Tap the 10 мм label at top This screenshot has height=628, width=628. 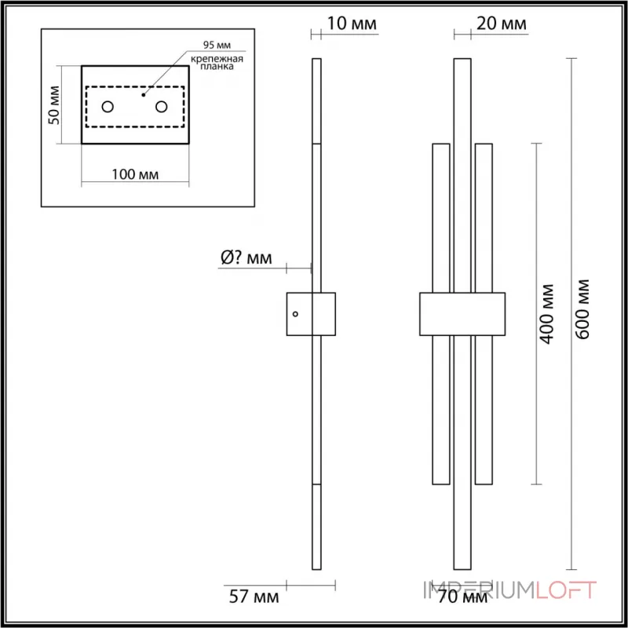(351, 24)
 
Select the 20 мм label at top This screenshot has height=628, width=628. (502, 24)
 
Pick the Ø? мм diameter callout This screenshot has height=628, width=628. (246, 258)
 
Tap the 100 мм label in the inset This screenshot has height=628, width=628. (135, 173)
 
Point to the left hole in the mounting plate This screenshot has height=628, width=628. (108, 106)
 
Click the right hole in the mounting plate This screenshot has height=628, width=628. (162, 106)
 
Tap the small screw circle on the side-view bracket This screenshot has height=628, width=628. (296, 314)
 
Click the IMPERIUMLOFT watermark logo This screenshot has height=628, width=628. (510, 590)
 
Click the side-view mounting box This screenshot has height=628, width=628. (311, 316)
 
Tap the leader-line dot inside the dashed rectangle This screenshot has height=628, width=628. (143, 94)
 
